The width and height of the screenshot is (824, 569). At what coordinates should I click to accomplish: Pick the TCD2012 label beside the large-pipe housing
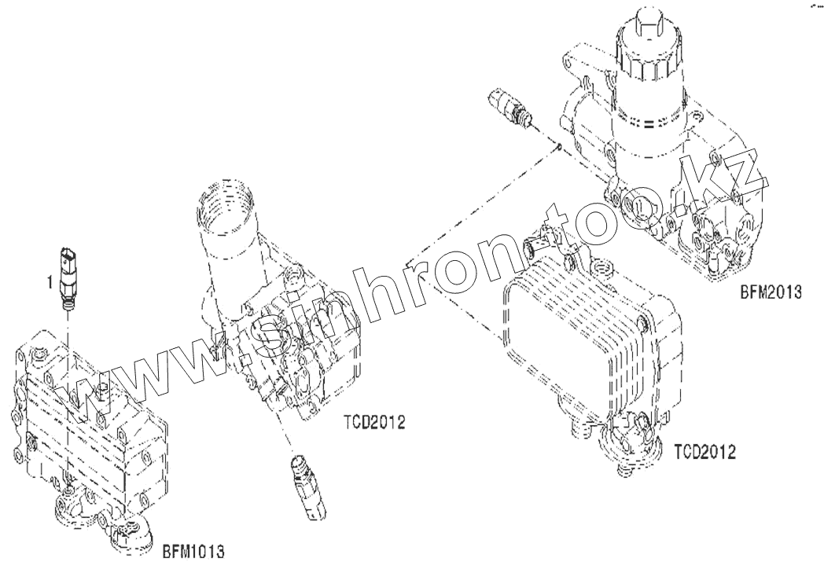coord(373,422)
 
